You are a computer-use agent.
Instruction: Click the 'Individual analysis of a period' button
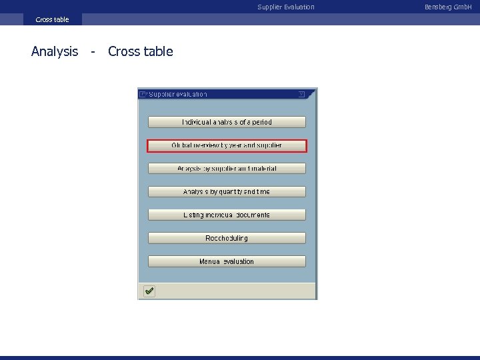pos(227,122)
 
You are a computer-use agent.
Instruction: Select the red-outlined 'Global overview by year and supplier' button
pos(227,145)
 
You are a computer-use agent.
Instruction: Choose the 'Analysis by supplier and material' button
pos(227,169)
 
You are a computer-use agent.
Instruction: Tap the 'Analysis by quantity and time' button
pos(227,192)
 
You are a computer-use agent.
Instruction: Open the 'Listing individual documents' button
pos(227,215)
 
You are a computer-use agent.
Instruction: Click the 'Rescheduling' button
pos(227,238)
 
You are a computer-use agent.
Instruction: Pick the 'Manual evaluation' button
pos(227,261)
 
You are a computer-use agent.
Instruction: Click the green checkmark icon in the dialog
pos(149,291)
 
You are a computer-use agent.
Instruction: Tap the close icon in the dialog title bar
pos(301,94)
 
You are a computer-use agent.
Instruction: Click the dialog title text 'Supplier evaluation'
pos(178,94)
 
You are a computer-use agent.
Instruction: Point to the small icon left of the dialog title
pos(143,94)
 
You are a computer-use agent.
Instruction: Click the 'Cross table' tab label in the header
pos(52,19)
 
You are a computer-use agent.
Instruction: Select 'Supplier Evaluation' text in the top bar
pos(286,7)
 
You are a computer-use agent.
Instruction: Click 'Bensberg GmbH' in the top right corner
pos(448,7)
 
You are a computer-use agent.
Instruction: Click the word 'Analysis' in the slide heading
pos(55,51)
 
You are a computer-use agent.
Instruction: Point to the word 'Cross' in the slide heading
pos(124,51)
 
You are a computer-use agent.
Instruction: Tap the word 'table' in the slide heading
pos(158,51)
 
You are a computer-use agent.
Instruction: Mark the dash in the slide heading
pos(93,52)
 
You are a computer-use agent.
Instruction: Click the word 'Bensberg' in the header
pos(438,7)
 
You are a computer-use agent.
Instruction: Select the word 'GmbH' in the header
pos(463,7)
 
